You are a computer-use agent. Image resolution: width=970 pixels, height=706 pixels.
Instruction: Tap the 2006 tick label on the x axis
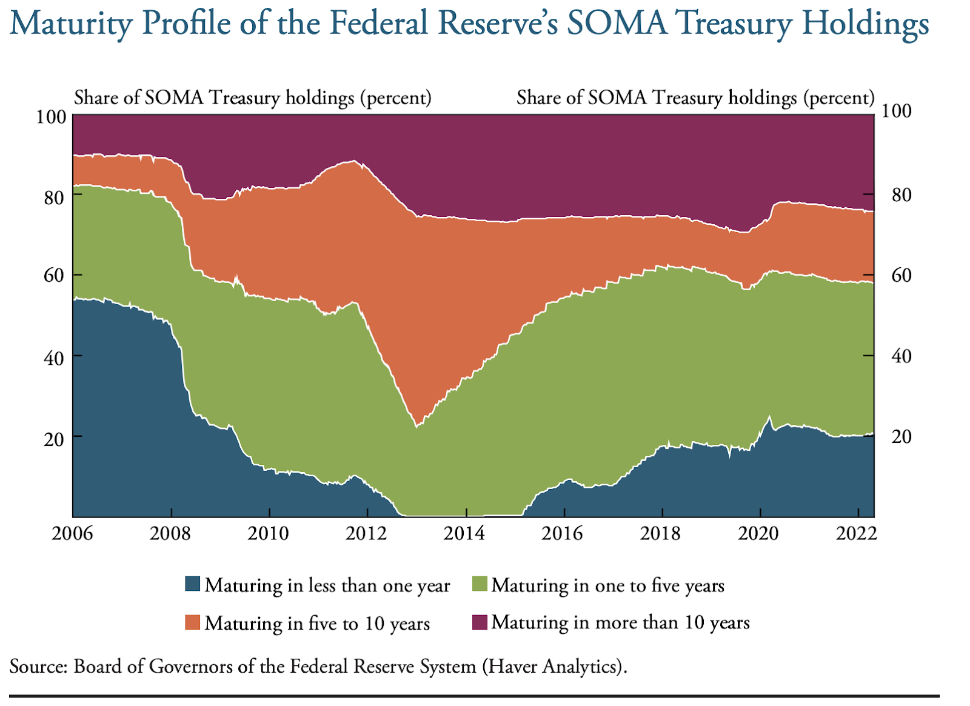(73, 533)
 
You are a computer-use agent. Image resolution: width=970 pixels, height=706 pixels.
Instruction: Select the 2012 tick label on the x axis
(367, 533)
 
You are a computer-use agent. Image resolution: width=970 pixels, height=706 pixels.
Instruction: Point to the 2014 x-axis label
(466, 533)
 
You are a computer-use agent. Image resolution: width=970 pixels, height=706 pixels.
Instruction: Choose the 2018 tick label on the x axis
(662, 533)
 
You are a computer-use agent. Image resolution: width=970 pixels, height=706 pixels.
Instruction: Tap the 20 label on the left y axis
(55, 438)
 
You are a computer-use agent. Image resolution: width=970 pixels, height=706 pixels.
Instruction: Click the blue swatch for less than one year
(192, 584)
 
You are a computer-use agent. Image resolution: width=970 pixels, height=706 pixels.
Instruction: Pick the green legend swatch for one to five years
(479, 584)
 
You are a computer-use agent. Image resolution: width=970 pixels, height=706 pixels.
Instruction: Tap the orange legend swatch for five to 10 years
(192, 622)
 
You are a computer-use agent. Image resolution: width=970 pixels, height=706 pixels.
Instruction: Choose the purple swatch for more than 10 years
(479, 622)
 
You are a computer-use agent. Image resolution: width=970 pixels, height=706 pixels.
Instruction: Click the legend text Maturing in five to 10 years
(317, 623)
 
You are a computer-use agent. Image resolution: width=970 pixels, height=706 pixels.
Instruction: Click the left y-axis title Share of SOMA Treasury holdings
(252, 98)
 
